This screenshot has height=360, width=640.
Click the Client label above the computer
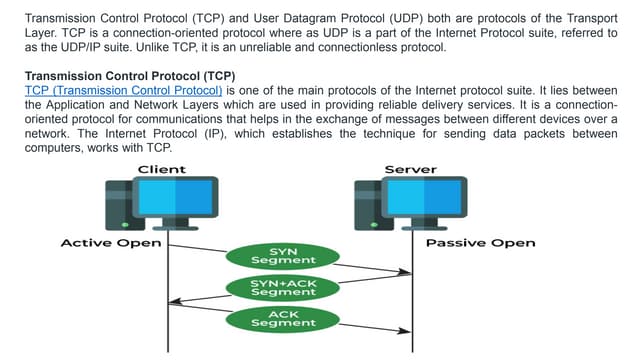[x=161, y=169]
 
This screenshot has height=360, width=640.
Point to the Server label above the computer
[x=410, y=169]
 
